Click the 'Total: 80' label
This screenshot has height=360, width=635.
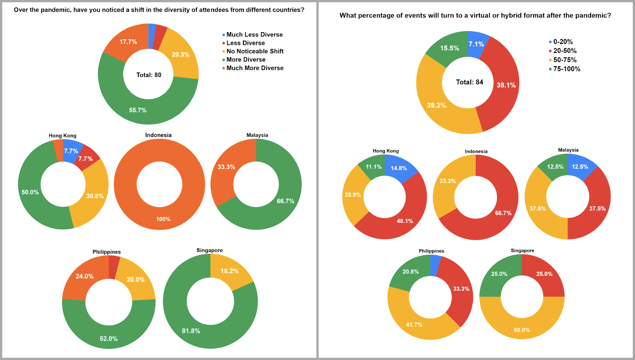click(148, 75)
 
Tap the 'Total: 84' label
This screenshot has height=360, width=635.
click(469, 82)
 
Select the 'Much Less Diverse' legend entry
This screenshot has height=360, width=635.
click(254, 35)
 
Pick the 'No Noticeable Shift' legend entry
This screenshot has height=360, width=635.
click(255, 52)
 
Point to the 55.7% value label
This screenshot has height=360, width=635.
click(138, 110)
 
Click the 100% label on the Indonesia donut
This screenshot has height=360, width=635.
click(163, 219)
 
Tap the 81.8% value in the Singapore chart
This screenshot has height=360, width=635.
click(191, 331)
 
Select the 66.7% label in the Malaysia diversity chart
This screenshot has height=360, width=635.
click(285, 201)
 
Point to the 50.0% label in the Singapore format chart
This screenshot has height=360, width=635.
click(521, 330)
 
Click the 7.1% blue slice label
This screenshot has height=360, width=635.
click(476, 44)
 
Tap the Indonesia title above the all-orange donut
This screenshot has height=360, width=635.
click(158, 135)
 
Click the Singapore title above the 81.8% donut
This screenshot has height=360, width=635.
click(210, 251)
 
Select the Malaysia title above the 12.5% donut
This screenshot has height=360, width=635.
click(568, 150)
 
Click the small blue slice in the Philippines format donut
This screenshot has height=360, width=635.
click(436, 265)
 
